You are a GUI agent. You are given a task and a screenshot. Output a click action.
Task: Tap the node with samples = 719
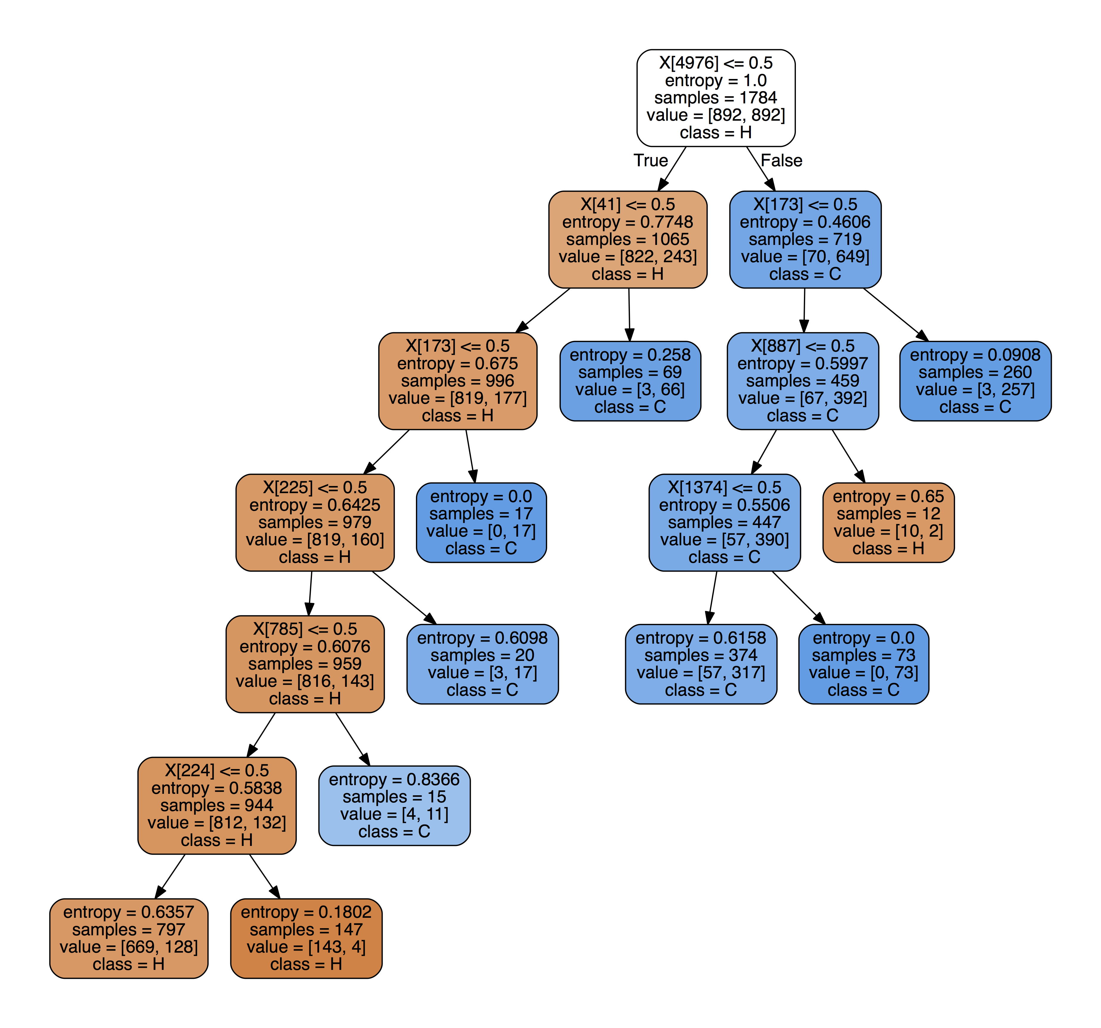click(x=805, y=239)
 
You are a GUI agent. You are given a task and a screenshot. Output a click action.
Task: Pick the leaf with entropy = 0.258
click(x=630, y=381)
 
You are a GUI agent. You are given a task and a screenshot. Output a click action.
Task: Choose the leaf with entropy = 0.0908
click(x=975, y=381)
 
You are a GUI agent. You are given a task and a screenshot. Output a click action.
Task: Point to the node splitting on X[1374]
click(x=724, y=522)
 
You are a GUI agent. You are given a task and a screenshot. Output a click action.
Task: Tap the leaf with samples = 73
click(x=864, y=664)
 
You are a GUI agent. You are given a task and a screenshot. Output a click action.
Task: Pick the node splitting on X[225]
click(x=315, y=522)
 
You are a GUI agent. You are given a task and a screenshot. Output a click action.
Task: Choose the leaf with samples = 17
click(x=481, y=522)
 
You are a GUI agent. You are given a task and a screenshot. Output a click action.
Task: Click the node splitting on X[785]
click(x=305, y=664)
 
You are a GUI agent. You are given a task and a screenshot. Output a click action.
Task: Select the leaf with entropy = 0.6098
click(x=482, y=664)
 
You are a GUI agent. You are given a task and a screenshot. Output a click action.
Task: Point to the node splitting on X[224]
click(x=217, y=805)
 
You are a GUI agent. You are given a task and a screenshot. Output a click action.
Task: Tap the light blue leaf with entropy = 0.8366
click(x=394, y=805)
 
